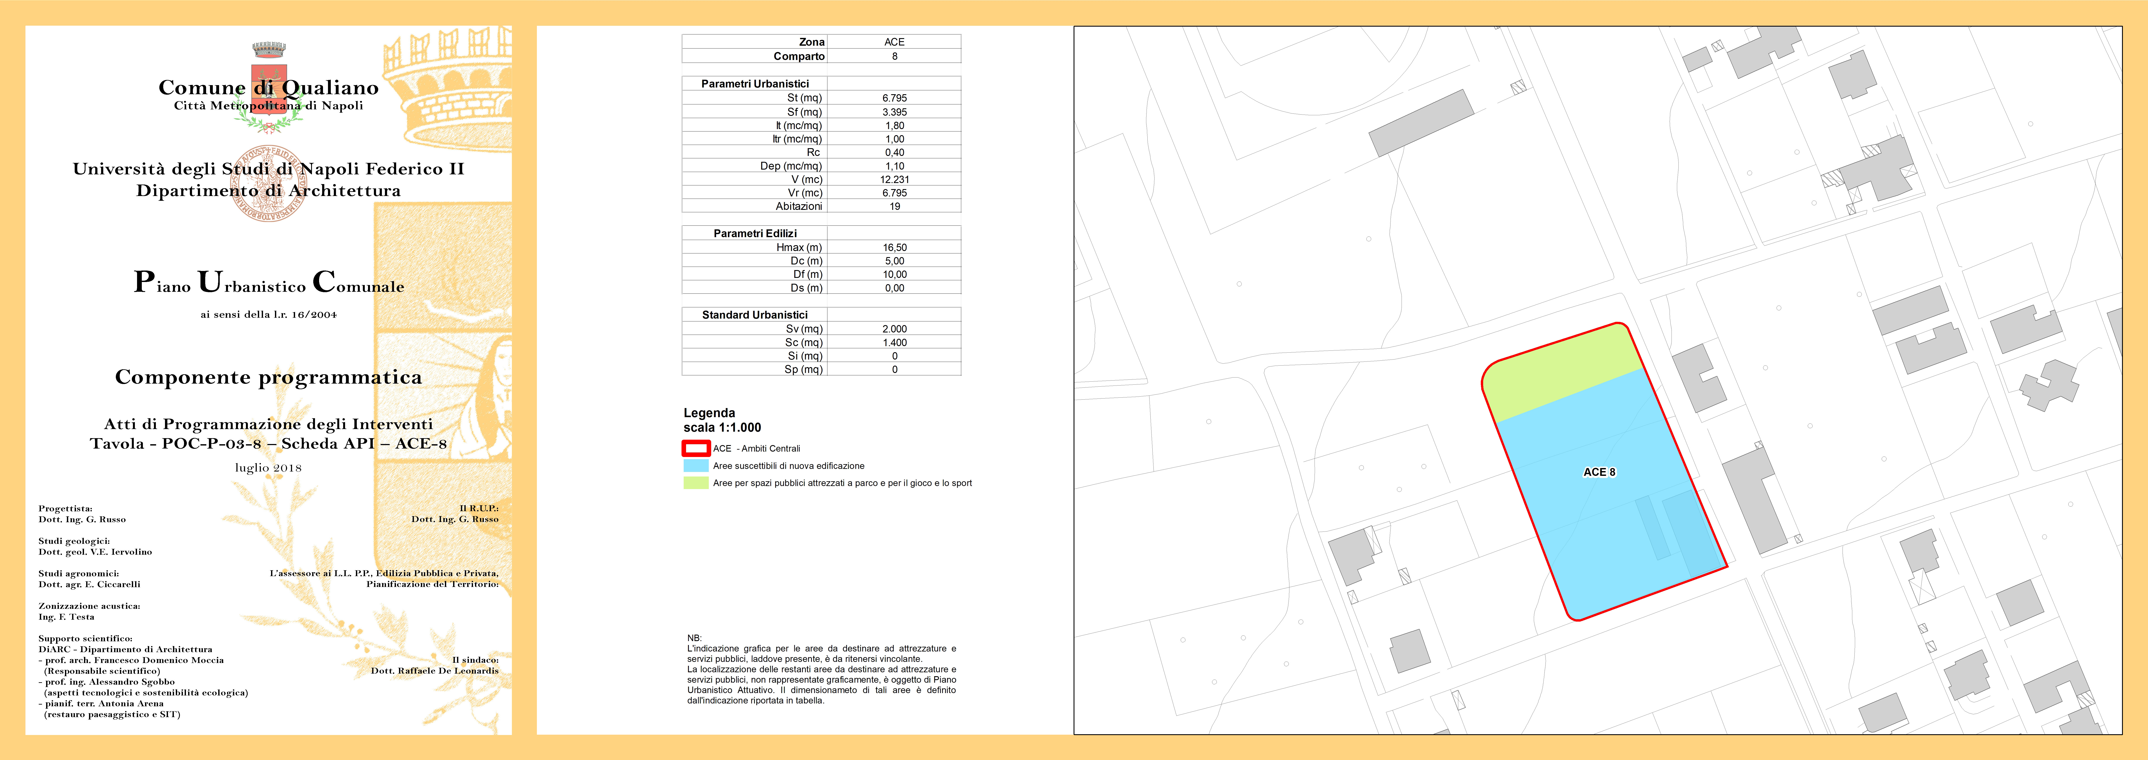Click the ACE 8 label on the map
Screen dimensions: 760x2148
point(1599,472)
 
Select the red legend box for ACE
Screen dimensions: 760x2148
point(695,449)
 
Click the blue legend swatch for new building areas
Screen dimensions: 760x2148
point(695,465)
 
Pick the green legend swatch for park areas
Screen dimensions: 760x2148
point(695,483)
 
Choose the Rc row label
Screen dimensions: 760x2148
point(813,153)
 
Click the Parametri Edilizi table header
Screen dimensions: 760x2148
point(755,234)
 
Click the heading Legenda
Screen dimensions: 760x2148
point(709,413)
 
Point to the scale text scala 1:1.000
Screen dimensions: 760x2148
point(722,428)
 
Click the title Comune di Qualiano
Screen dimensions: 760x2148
point(268,88)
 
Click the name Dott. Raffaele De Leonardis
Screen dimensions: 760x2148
point(434,671)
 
